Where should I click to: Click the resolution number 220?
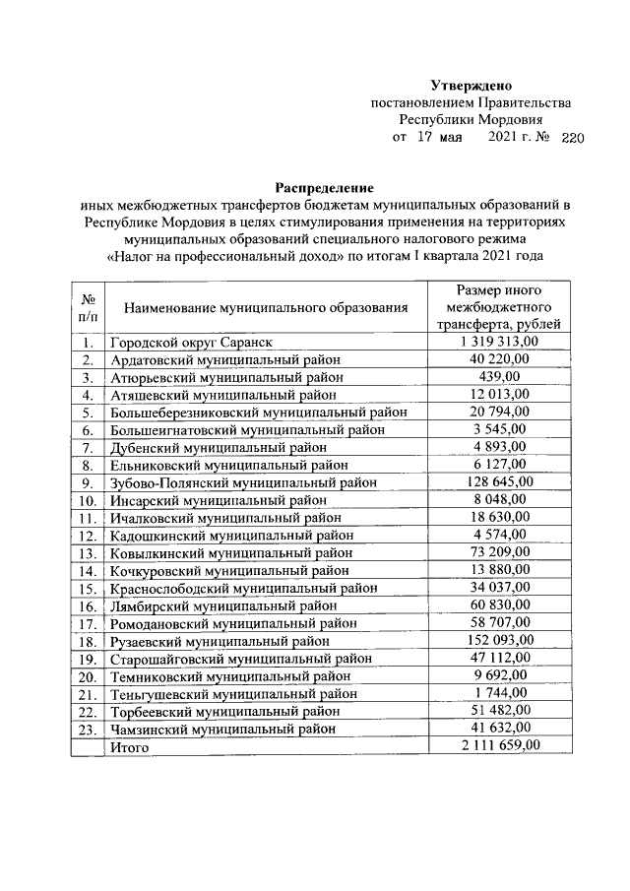point(572,139)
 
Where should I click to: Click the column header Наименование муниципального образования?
point(265,308)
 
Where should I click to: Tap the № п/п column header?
point(88,308)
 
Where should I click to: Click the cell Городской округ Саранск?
point(191,343)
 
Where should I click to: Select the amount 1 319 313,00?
point(499,342)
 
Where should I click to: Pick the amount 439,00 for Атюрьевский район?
point(499,377)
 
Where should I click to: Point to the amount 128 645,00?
point(499,481)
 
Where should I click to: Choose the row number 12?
point(88,536)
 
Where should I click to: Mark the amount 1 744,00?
point(499,693)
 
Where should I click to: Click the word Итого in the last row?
point(129,747)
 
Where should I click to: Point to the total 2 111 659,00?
point(499,746)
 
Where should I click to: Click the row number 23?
point(88,730)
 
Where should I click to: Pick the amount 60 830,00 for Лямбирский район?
point(499,605)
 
